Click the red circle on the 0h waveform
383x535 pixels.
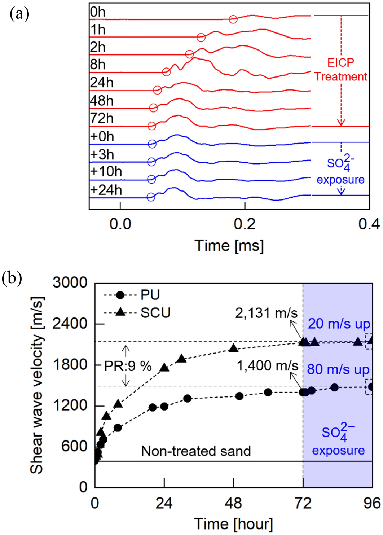(x=233, y=19)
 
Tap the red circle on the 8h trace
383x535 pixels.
(x=166, y=72)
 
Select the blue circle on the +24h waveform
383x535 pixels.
(x=151, y=197)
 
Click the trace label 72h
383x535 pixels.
(x=102, y=118)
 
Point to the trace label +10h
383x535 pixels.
(x=106, y=172)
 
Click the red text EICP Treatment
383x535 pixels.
(x=340, y=70)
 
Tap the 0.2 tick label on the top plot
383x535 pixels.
(x=245, y=224)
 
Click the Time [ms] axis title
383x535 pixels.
(x=229, y=246)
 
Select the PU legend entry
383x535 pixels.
(x=150, y=295)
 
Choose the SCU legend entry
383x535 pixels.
(x=155, y=313)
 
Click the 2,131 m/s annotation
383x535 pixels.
(x=266, y=313)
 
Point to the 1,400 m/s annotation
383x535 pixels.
(x=267, y=366)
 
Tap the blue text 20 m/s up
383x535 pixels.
(x=339, y=324)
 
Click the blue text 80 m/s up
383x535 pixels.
(x=338, y=369)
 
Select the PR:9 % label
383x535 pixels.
(x=128, y=366)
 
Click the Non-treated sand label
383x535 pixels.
(x=196, y=451)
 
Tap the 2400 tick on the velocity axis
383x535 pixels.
(x=70, y=324)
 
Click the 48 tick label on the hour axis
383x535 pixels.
(x=233, y=503)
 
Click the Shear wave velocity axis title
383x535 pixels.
(x=37, y=385)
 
